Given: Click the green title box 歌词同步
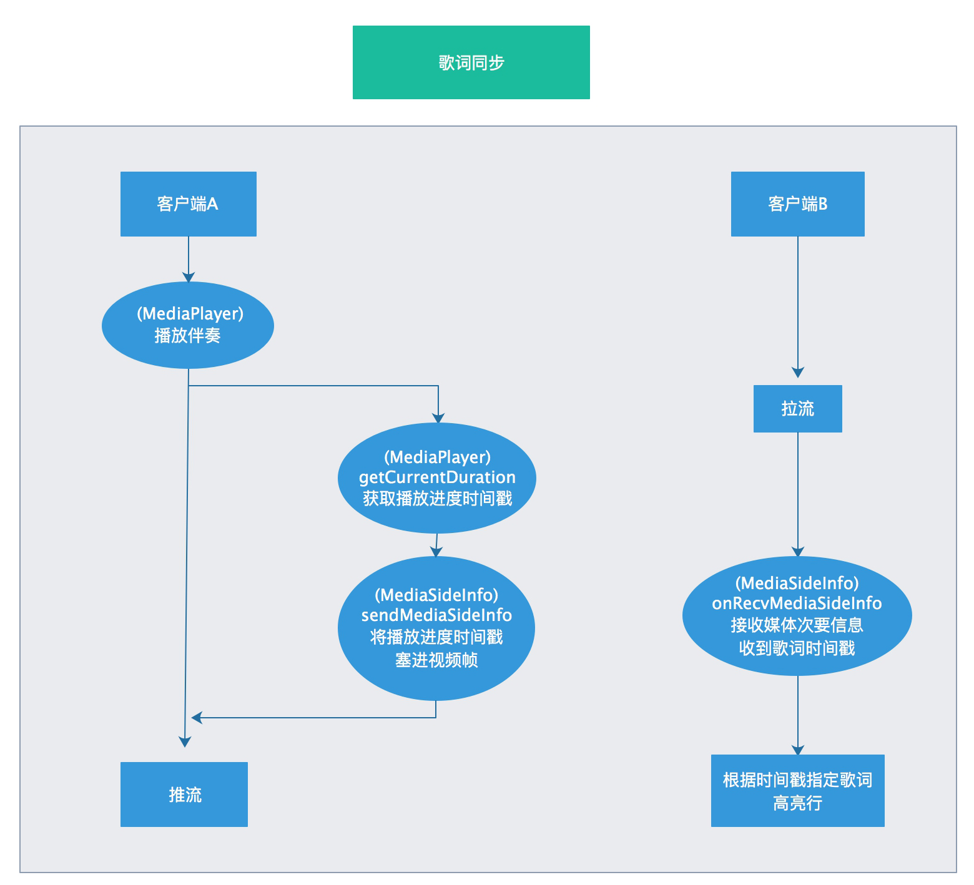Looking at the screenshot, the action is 471,62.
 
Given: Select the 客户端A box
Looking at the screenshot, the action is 189,204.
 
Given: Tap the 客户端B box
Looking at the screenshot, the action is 798,204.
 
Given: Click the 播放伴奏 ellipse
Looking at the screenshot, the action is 188,325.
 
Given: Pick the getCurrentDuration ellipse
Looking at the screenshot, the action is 437,478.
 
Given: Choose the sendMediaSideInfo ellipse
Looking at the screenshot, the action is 436,628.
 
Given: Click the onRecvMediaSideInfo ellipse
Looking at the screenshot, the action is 797,616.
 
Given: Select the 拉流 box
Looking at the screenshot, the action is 798,409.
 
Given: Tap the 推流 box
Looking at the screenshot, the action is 184,795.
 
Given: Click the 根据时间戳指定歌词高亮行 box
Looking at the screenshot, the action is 798,791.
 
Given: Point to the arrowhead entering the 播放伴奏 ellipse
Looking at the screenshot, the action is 189,277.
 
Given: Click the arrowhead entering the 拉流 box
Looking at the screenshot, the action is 798,373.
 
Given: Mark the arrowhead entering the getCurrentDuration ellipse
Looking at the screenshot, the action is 438,418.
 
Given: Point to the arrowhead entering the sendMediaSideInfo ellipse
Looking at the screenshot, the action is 436,552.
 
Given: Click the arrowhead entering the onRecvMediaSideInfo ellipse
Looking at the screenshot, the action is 798,552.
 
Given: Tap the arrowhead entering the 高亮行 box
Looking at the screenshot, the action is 798,750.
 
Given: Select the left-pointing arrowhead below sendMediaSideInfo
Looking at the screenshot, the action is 197,718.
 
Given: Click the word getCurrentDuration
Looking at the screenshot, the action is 437,477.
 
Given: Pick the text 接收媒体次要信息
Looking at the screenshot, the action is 797,625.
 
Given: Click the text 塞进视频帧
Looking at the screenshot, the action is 436,660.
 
